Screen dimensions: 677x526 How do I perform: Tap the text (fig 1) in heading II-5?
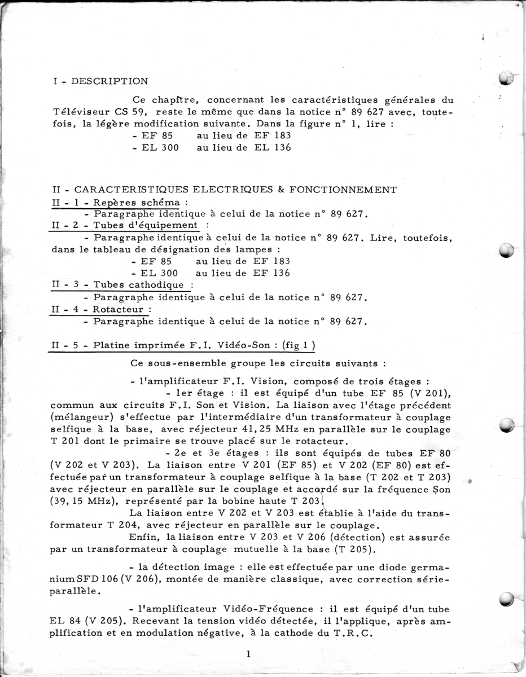coord(299,345)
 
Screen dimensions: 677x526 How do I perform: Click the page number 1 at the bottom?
coord(248,654)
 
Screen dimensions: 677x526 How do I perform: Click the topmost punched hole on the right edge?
coord(507,78)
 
